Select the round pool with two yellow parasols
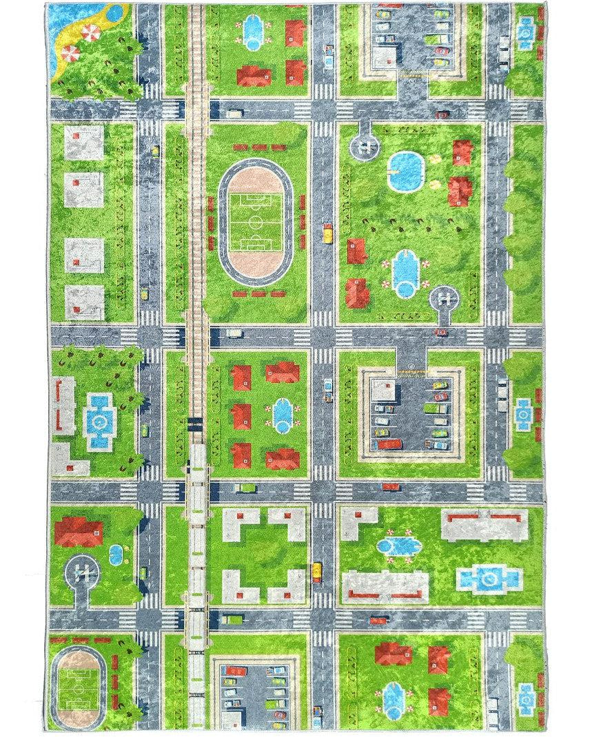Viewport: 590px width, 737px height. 405,170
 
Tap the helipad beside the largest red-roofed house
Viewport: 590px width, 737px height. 82,571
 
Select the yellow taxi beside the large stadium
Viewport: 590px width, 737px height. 328,233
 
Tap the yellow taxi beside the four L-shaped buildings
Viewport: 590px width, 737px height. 316,571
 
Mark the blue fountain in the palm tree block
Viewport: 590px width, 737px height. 100,421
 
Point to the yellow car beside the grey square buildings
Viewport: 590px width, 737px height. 145,294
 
